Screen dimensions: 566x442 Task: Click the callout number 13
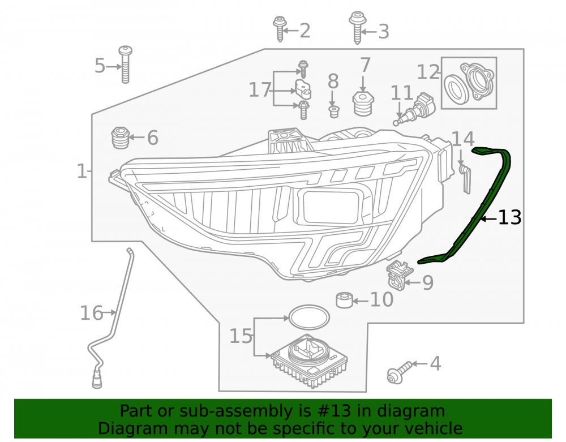tap(510, 217)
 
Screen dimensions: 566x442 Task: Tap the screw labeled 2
tap(280, 28)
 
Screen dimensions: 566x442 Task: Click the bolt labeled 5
tap(125, 65)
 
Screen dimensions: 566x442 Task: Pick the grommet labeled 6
tap(120, 138)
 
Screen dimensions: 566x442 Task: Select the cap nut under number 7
tap(363, 104)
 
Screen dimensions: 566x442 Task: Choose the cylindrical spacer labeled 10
tap(345, 301)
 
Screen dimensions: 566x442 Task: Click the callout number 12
tap(428, 72)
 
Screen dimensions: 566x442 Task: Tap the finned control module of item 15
tap(309, 361)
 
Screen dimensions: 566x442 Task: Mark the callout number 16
tap(91, 313)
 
